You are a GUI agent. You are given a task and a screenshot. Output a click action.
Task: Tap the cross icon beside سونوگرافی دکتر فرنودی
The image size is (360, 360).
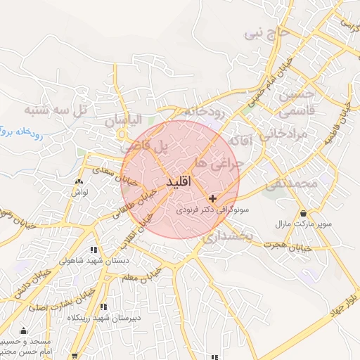tap(213, 199)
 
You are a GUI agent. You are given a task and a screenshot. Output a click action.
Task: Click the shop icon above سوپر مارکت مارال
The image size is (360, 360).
tap(303, 213)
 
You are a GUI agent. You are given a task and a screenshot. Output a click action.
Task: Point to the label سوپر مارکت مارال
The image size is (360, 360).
tap(302, 224)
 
